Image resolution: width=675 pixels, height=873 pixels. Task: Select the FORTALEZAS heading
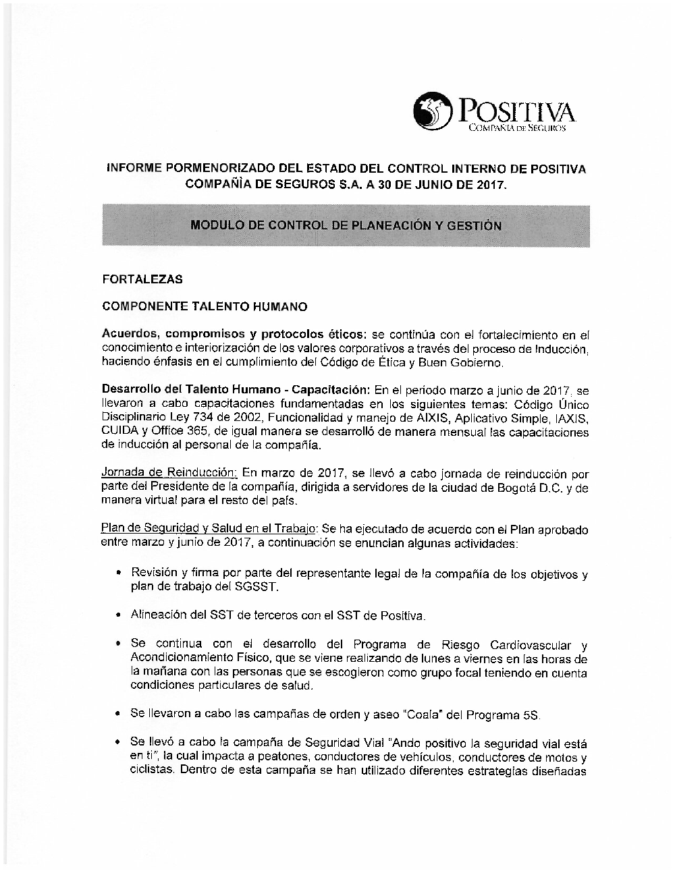[142, 279]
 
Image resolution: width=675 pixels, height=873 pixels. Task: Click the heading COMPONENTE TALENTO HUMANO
[204, 307]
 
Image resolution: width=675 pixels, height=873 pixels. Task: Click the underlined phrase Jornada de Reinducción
[169, 474]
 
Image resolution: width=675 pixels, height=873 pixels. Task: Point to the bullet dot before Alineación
[118, 615]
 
